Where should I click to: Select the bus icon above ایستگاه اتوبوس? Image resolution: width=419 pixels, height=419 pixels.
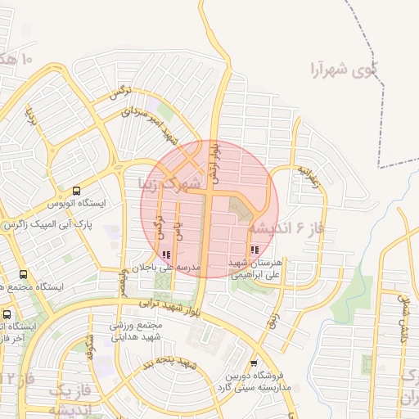click(x=76, y=190)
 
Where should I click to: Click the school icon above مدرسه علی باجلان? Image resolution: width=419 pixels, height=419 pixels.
click(x=167, y=255)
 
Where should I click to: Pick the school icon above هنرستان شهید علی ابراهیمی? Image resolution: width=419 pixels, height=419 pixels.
click(x=255, y=249)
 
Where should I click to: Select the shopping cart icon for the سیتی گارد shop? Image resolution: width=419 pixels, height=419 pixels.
click(x=254, y=363)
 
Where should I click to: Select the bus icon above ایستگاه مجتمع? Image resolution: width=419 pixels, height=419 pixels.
click(x=22, y=275)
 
